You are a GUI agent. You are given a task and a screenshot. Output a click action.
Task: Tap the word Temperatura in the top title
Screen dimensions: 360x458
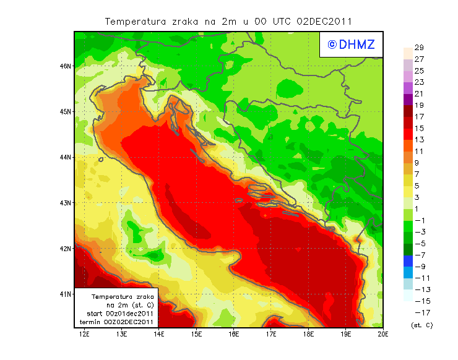tap(136, 21)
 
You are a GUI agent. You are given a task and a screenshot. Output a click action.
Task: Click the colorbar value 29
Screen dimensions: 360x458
tap(418, 48)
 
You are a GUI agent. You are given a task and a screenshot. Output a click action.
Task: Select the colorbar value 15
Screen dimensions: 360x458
tap(418, 128)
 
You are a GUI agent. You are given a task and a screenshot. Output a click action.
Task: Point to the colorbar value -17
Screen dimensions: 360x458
tap(420, 312)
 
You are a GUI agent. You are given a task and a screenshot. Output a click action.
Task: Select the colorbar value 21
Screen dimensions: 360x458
tap(418, 94)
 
